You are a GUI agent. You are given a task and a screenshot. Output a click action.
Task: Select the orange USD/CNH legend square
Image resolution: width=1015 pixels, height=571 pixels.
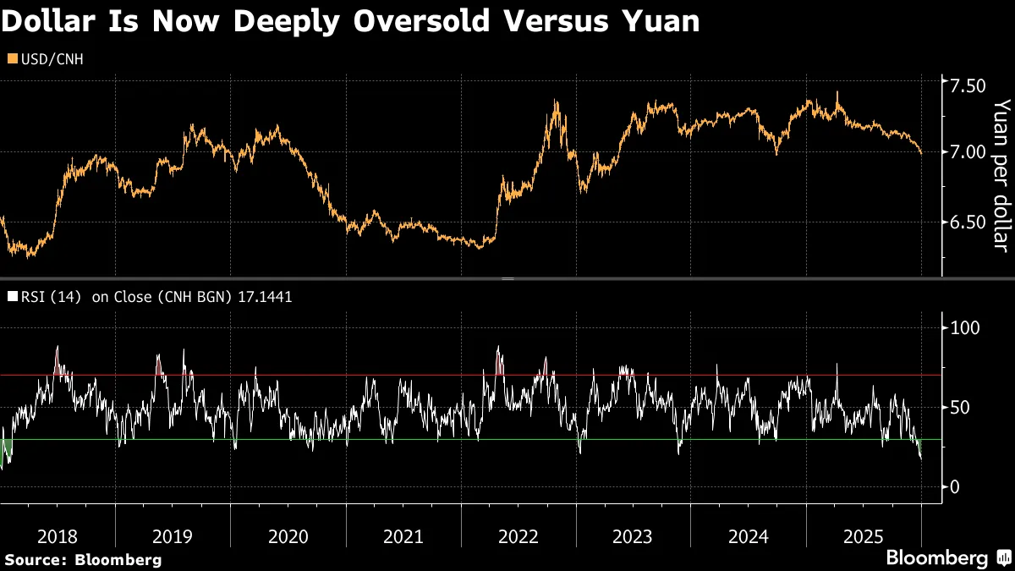10,58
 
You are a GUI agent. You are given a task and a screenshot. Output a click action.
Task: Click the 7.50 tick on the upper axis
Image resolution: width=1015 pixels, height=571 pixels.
968,86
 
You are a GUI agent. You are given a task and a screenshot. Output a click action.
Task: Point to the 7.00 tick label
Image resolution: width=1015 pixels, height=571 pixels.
968,152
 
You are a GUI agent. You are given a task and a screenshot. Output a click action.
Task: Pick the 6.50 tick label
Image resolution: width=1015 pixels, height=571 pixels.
968,222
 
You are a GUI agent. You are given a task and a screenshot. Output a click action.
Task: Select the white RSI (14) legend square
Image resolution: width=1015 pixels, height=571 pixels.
10,297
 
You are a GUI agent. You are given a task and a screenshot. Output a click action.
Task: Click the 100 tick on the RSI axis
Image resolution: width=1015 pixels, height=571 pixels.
967,327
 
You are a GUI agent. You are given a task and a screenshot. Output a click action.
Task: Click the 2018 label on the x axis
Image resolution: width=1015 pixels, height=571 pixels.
58,536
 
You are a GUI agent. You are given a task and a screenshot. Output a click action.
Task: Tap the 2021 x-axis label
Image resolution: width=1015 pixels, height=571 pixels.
403,536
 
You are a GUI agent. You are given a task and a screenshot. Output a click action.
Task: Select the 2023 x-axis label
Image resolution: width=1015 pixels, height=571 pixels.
633,536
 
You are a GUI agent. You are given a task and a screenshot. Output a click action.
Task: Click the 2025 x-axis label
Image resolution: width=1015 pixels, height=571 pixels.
863,536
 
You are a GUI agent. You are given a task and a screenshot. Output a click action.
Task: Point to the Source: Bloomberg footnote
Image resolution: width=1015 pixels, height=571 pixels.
83,559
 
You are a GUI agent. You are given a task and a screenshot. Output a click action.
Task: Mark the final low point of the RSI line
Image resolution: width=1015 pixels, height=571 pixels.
921,458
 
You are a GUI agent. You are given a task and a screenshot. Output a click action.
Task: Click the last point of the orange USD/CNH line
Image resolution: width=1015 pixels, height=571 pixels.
922,154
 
